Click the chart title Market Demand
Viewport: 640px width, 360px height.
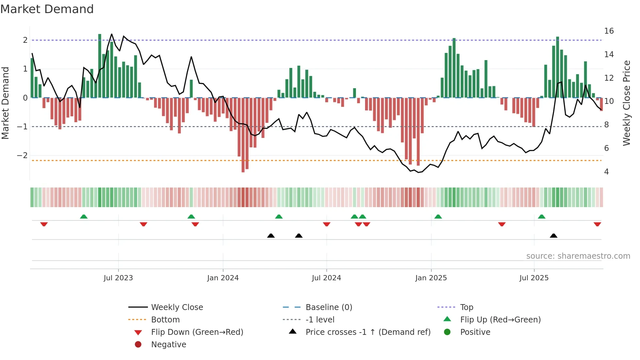point(47,9)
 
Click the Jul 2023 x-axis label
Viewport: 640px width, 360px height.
point(118,278)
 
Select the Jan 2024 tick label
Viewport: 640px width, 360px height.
point(223,278)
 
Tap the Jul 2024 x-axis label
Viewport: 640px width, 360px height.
point(326,278)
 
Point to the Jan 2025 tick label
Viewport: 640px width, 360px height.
point(431,278)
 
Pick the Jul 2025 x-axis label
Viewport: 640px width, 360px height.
point(534,278)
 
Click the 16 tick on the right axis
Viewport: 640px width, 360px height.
point(609,31)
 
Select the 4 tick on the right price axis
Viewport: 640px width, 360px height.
point(606,172)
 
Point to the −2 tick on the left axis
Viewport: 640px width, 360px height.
point(22,155)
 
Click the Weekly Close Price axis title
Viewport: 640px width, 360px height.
point(626,103)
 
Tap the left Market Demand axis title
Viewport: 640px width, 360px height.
point(5,103)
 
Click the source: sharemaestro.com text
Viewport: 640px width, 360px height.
point(578,256)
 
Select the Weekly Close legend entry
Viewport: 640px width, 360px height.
point(177,307)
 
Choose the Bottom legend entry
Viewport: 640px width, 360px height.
point(165,320)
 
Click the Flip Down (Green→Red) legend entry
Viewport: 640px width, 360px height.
point(197,332)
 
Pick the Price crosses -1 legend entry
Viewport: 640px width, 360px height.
point(368,332)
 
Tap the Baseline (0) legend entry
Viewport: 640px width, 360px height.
point(328,307)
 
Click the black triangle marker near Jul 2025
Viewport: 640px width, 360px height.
point(553,236)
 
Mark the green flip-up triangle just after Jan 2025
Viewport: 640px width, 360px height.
point(438,217)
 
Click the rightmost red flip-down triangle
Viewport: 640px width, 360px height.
point(597,224)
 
